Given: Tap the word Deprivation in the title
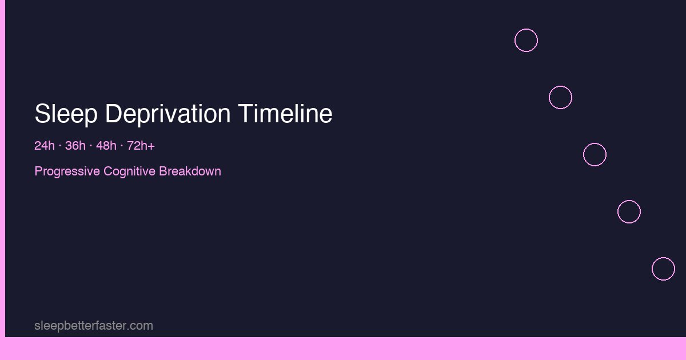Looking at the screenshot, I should click(x=168, y=114).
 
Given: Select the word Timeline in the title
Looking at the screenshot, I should click(x=285, y=114).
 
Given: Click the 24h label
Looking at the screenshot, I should click(x=44, y=146).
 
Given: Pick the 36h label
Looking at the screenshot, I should click(x=75, y=146).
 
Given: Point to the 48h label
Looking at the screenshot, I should click(x=106, y=146).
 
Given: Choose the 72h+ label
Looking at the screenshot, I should click(x=141, y=146).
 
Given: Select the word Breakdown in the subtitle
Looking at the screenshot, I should click(x=190, y=171).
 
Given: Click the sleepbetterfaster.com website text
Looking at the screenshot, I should click(x=94, y=326).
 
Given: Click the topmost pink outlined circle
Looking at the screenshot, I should click(x=526, y=41).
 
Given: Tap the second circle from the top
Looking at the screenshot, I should click(x=560, y=98).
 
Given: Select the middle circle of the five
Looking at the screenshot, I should click(x=595, y=155).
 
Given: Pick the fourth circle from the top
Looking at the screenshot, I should click(x=629, y=212).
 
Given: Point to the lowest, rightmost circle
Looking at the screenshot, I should click(x=663, y=269).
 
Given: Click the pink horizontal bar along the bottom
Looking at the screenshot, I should click(x=343, y=349).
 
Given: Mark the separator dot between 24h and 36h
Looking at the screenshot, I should click(x=59, y=146).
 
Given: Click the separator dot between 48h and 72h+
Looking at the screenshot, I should click(x=121, y=146).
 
